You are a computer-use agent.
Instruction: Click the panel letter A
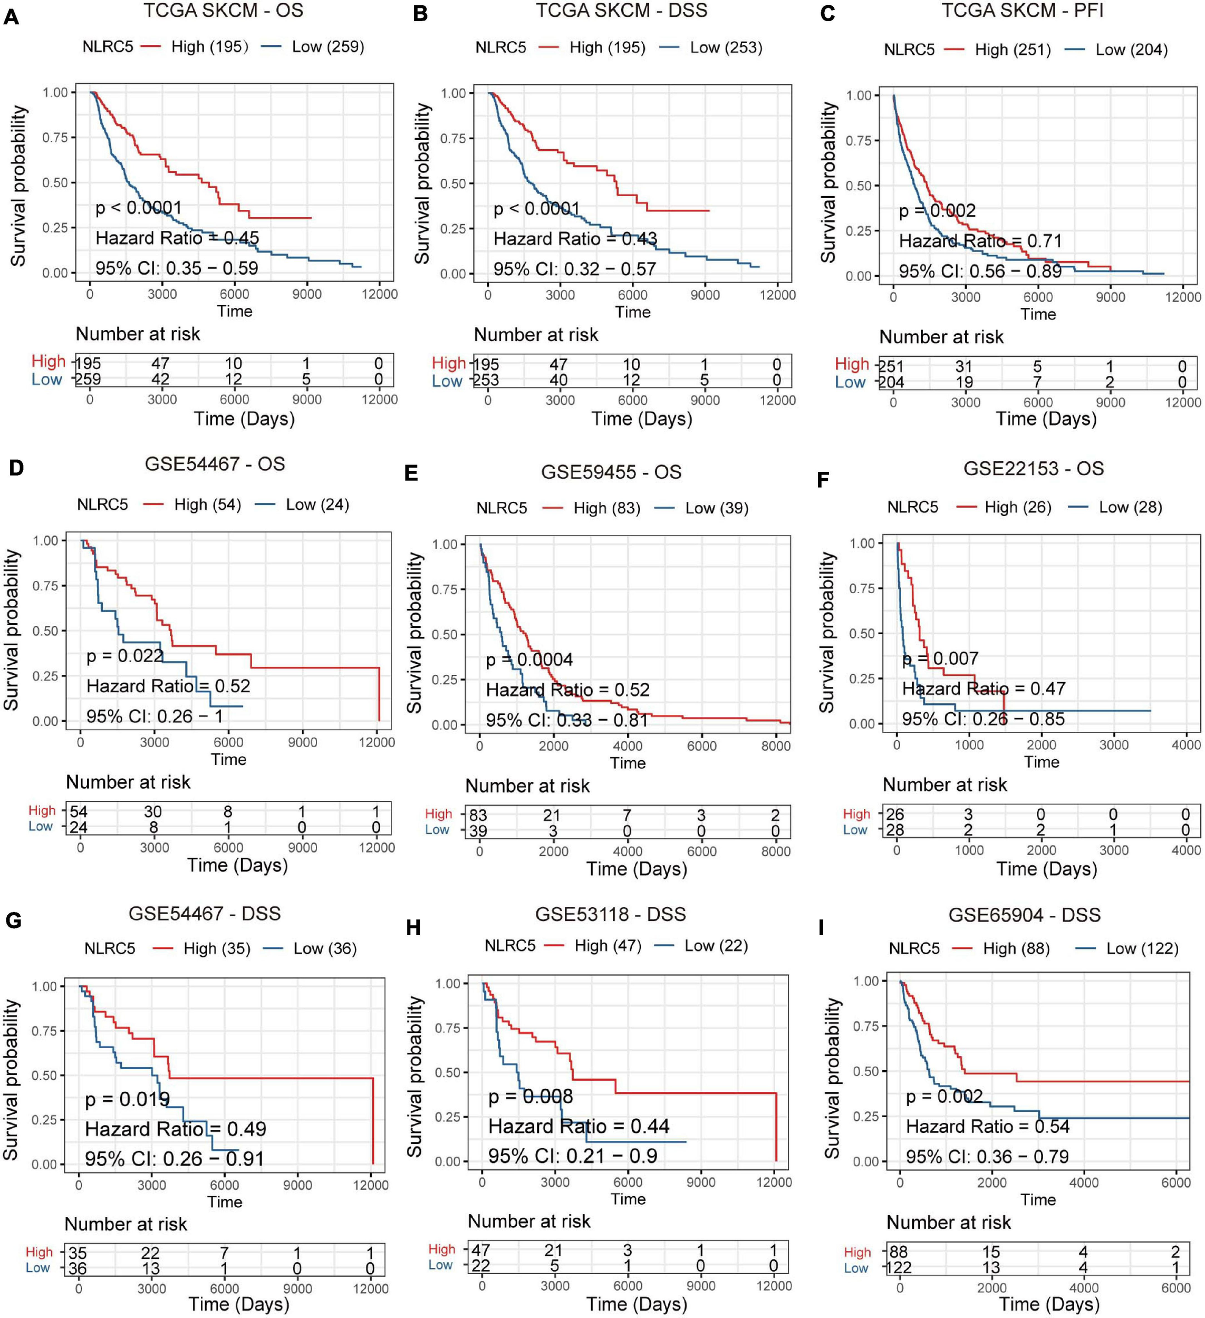pyautogui.click(x=11, y=16)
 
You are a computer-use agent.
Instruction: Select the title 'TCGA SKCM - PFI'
pyautogui.click(x=1023, y=11)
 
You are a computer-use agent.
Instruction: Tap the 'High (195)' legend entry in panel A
pyautogui.click(x=209, y=46)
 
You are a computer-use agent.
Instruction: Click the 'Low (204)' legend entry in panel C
pyautogui.click(x=1131, y=50)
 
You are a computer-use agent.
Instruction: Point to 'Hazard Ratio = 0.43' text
pyautogui.click(x=575, y=239)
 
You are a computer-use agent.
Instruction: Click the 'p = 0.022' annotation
pyautogui.click(x=125, y=655)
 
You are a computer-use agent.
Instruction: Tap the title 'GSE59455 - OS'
pyautogui.click(x=611, y=472)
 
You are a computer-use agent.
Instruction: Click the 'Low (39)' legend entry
pyautogui.click(x=717, y=508)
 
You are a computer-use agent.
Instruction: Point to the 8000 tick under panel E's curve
pyautogui.click(x=775, y=746)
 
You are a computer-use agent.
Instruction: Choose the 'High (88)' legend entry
pyautogui.click(x=1016, y=948)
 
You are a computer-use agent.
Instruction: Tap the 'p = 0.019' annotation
pyautogui.click(x=128, y=1099)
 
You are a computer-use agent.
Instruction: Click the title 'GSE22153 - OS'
pyautogui.click(x=1033, y=468)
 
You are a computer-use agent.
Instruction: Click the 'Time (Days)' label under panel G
pyautogui.click(x=239, y=1304)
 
